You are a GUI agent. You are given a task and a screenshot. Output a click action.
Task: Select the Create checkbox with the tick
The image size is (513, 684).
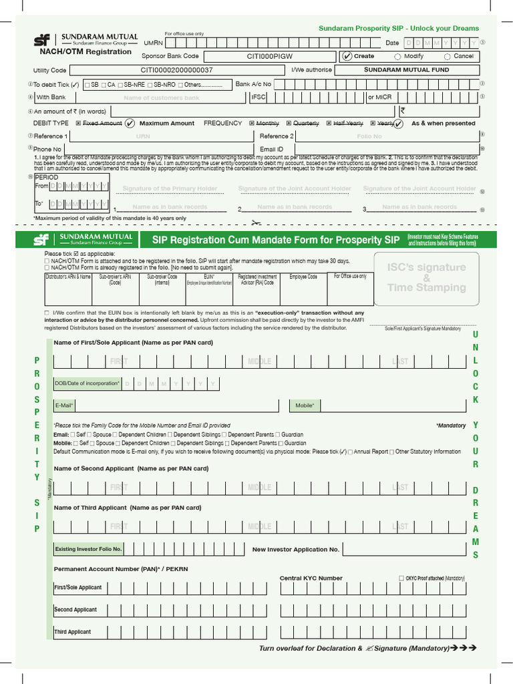click(347, 56)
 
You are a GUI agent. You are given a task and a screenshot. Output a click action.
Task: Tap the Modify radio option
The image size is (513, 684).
click(398, 57)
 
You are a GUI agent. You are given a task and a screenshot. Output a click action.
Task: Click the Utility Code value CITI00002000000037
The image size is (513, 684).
click(176, 69)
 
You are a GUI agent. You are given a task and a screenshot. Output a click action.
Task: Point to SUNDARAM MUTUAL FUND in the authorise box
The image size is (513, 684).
click(406, 69)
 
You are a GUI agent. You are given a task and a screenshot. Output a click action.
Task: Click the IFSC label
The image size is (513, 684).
click(258, 98)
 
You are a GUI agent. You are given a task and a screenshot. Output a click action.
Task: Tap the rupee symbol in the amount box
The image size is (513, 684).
click(403, 111)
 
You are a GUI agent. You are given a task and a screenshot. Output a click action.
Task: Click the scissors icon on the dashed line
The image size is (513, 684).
click(255, 223)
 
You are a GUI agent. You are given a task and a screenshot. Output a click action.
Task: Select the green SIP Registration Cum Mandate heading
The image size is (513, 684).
click(276, 240)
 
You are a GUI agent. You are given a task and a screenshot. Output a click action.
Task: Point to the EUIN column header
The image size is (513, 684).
click(209, 279)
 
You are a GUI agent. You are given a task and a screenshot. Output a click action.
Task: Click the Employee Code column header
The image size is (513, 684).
click(303, 277)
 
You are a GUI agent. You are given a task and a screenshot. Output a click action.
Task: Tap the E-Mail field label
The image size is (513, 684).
click(64, 405)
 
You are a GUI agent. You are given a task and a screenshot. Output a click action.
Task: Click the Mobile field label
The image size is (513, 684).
click(305, 405)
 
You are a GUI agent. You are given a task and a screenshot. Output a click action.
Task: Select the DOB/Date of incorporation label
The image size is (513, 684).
click(88, 383)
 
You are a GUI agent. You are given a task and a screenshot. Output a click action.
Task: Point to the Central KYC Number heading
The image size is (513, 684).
click(311, 578)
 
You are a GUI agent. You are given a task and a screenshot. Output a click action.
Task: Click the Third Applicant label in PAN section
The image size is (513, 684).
click(73, 632)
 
